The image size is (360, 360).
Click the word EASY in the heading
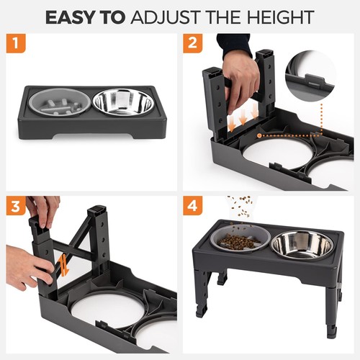coord(72,16)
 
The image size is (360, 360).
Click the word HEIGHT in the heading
coord(281,16)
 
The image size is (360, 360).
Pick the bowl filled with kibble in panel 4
coord(238,241)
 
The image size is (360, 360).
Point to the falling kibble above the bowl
coord(240,206)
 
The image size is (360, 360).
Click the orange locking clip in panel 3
coord(62,266)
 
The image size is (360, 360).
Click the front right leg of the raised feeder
coord(330,313)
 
